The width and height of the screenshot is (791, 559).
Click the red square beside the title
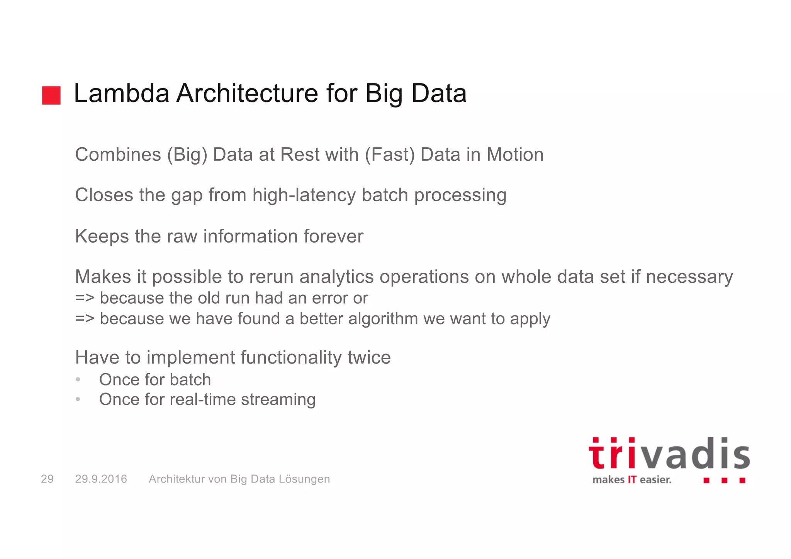tap(51, 95)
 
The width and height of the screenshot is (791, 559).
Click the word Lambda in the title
tap(121, 93)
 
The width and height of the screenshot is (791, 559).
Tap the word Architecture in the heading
tap(248, 93)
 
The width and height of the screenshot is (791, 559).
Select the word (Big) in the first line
tap(187, 155)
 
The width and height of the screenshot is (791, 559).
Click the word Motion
tap(514, 155)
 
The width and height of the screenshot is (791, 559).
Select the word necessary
tap(689, 277)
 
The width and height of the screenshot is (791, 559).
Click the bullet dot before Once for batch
tap(78, 380)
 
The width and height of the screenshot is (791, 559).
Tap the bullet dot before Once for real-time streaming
tap(78, 399)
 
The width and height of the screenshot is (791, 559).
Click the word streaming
tap(278, 400)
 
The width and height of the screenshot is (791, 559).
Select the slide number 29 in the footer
tap(47, 479)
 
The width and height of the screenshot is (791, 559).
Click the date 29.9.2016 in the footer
tap(101, 479)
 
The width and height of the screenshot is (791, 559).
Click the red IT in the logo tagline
tap(632, 480)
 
